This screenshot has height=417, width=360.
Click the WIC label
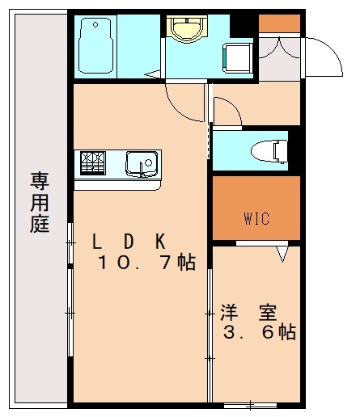tap(256, 218)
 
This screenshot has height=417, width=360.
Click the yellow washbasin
tap(188, 27)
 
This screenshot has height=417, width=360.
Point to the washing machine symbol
tap(239, 57)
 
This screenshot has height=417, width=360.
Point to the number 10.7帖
tap(146, 263)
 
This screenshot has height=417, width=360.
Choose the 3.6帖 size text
tap(259, 333)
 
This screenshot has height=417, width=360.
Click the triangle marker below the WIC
tap(282, 255)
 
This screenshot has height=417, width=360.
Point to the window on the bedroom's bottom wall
tap(250, 403)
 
